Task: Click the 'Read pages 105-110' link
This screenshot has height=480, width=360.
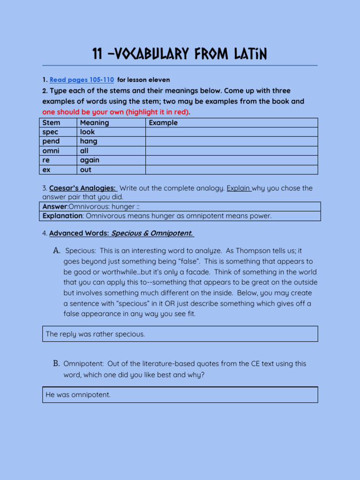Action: coord(82,80)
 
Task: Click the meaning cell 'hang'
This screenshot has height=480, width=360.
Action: coord(89,142)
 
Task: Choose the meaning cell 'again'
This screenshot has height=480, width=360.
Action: coord(90,160)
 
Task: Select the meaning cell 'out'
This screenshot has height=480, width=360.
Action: coord(86,170)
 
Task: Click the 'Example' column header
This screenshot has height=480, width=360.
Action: coord(163,123)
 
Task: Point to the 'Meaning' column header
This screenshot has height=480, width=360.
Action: coord(94,123)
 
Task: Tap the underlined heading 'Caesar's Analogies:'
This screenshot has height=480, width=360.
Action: coord(82,188)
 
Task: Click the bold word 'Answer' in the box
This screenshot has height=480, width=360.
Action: coord(55,207)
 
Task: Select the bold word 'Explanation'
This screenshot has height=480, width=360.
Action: coord(62,216)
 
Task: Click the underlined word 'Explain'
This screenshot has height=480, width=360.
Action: coord(239,188)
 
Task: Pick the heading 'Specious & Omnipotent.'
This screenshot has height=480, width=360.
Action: coord(152,233)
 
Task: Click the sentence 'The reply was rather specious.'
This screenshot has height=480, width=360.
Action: coord(95,334)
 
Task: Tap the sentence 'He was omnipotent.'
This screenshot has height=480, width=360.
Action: coord(78,395)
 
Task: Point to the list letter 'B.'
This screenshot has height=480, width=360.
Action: coord(56,364)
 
